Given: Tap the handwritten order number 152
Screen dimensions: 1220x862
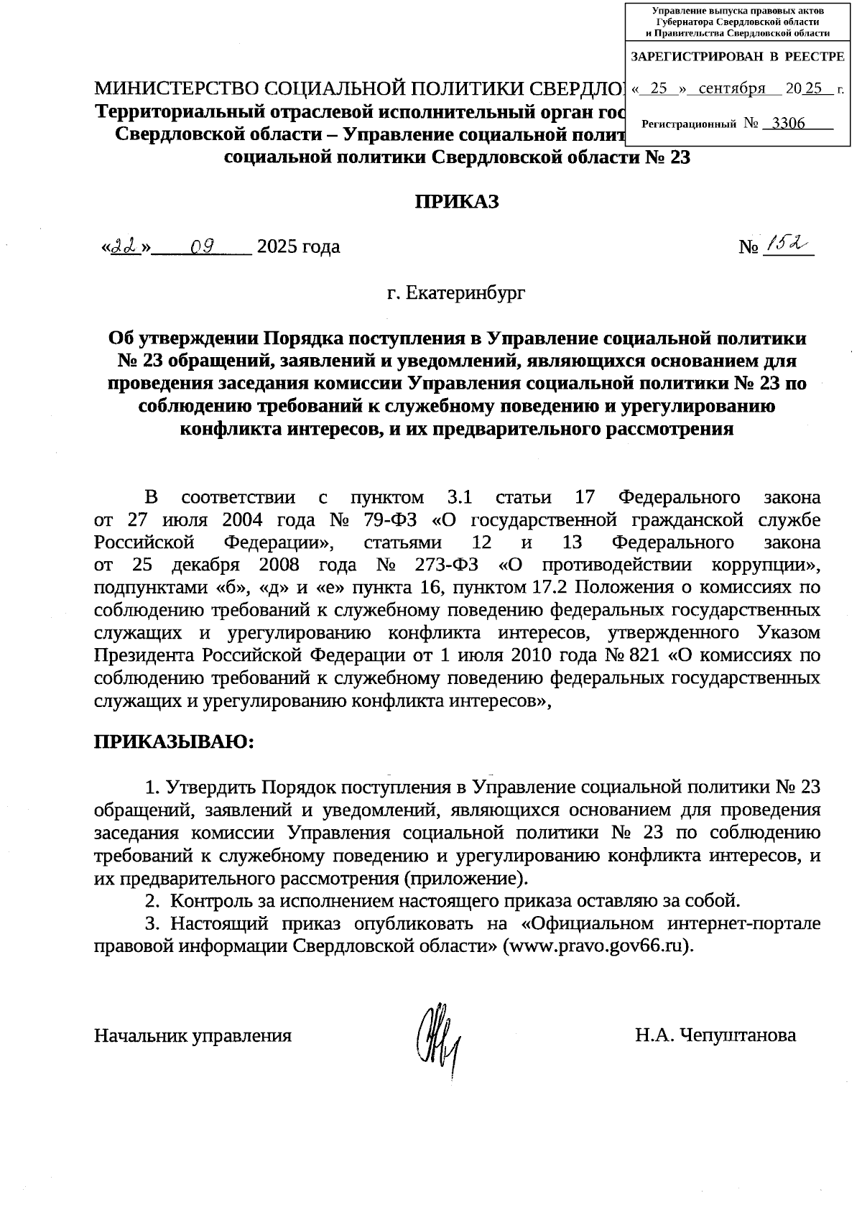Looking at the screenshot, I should click(x=786, y=246).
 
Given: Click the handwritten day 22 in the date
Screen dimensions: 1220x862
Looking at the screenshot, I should click(x=125, y=247).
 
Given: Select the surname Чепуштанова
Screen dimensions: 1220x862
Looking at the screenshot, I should click(x=737, y=1035).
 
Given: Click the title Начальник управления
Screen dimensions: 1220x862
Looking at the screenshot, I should click(x=193, y=1035).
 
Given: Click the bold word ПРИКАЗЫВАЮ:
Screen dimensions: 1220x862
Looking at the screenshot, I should click(x=175, y=741).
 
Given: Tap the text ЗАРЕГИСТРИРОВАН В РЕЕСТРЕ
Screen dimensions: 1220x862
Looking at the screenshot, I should click(x=738, y=55).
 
